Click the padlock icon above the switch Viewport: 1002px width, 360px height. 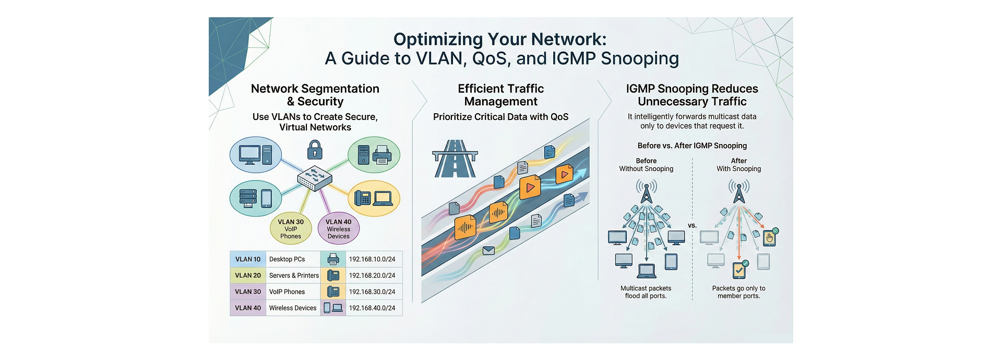315,150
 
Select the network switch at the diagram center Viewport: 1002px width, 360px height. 315,178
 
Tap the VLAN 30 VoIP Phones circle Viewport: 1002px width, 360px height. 291,229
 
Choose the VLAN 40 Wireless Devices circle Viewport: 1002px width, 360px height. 338,229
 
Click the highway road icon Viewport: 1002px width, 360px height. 455,159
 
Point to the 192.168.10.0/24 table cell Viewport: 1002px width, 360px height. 372,259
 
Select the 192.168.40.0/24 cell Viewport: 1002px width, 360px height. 372,308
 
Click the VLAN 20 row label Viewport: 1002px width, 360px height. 248,275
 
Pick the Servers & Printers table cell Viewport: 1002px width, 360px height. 294,275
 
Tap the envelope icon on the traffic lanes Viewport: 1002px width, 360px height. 488,250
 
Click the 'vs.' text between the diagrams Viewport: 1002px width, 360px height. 692,226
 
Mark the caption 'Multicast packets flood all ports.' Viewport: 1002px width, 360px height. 646,292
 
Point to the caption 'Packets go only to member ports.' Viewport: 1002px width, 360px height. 738,292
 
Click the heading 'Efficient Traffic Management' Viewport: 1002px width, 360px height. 500,95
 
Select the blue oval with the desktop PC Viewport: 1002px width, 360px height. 256,155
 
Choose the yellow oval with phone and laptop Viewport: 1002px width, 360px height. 374,198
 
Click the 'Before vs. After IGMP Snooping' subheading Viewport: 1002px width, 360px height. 692,146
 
